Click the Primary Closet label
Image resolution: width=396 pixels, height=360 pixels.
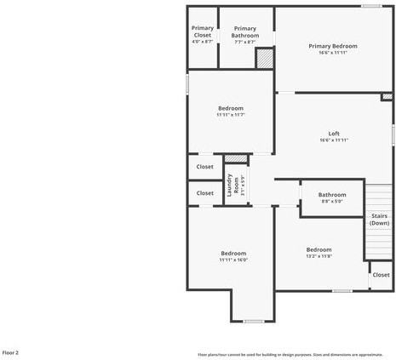coord(202,31)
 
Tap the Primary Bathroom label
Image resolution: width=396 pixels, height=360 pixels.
coord(244,31)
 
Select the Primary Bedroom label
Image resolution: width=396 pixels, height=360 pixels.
coord(333,46)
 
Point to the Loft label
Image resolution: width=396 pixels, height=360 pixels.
coord(334,134)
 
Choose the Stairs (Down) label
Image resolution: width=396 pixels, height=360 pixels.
coord(379,219)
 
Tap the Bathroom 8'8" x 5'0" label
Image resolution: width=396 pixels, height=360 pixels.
coord(332,195)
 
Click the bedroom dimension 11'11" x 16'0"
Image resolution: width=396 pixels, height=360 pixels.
coord(232,260)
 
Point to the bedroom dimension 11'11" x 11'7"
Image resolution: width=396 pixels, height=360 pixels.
coord(231,115)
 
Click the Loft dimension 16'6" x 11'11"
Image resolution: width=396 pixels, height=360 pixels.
coord(334,140)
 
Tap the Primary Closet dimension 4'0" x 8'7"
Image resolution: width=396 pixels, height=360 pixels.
coord(202,42)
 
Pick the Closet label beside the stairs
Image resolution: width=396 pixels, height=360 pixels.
coord(381,275)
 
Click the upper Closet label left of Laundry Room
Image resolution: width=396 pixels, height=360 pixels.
coord(205,167)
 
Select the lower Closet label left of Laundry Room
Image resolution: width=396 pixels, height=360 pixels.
coord(205,193)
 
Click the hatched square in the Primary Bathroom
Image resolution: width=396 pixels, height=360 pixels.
coord(265,59)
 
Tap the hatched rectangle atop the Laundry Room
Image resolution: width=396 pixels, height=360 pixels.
coord(236,159)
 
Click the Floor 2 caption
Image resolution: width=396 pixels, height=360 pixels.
coord(10,351)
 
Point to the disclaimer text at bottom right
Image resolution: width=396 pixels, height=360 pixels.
coord(290,354)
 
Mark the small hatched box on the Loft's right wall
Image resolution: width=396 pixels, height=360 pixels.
coord(387,97)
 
